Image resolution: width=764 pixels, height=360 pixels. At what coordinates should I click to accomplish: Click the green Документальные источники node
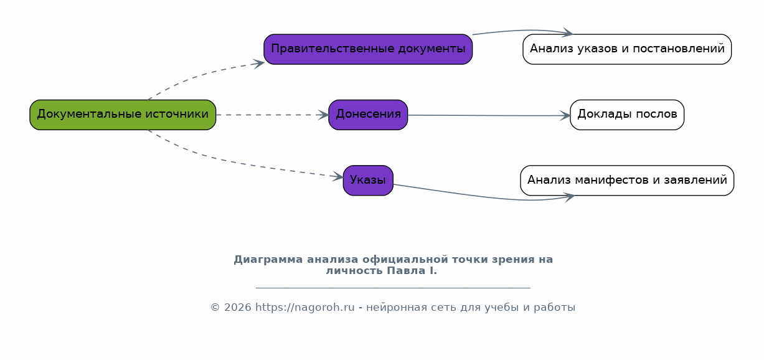[x=123, y=115]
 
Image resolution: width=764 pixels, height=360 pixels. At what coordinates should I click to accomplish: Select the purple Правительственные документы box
[x=368, y=49]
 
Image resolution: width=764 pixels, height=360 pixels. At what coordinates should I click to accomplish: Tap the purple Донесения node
[x=368, y=115]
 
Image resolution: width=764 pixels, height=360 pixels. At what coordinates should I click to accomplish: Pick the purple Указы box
[x=368, y=181]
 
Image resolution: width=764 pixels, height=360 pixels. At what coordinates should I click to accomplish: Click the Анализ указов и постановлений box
[x=627, y=49]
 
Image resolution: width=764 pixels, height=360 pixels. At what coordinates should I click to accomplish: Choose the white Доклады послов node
[x=627, y=115]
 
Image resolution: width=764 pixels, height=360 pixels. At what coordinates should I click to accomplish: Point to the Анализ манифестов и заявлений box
[x=627, y=181]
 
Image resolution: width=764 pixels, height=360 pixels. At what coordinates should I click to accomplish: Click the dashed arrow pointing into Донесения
[x=272, y=115]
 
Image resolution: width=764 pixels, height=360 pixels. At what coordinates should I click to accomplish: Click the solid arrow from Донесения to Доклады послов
[x=489, y=116]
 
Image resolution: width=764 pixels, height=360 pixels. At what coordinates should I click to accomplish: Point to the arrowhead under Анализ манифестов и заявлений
[x=570, y=197]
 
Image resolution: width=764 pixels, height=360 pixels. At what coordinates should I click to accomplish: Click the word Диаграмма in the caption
[x=268, y=260]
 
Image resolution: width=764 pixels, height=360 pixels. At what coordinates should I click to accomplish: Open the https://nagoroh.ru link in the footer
[x=305, y=308]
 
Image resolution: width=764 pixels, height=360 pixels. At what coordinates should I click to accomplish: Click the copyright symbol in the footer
[x=215, y=308]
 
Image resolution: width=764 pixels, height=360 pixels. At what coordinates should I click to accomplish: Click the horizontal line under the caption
[x=393, y=288]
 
